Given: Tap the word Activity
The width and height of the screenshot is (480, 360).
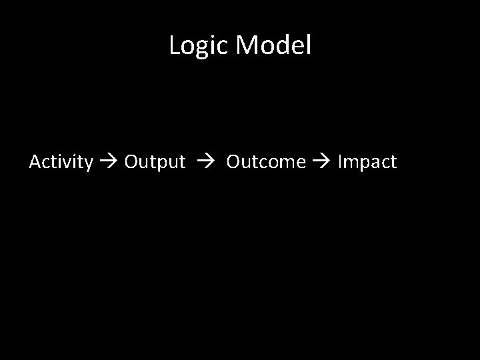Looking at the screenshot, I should [61, 162].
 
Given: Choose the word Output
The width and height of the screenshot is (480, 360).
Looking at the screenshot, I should [155, 162].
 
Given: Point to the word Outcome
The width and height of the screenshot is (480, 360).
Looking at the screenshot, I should [266, 162].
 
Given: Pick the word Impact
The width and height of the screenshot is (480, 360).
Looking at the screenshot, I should [367, 162].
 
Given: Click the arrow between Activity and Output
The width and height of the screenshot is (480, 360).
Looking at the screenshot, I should [109, 162].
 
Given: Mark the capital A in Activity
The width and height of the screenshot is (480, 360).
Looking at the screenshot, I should [35, 162].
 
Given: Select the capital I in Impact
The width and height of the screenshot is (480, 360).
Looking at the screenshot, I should [341, 162].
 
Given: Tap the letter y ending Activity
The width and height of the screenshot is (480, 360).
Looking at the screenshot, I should [88, 164].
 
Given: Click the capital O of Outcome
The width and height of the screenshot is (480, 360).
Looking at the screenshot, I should [233, 162].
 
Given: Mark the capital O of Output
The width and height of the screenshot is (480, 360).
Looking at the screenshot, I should [131, 162].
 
